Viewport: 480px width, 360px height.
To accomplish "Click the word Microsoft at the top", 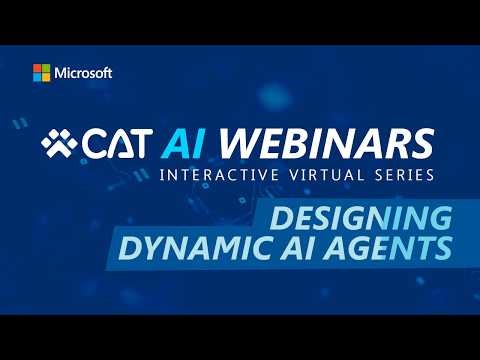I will (x=85, y=73).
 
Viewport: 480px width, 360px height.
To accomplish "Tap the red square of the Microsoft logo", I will (x=37, y=68).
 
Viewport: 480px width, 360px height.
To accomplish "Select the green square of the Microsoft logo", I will (x=46, y=68).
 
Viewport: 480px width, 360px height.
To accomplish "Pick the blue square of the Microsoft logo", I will (x=37, y=77).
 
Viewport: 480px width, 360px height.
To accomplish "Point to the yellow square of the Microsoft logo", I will (x=46, y=77).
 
